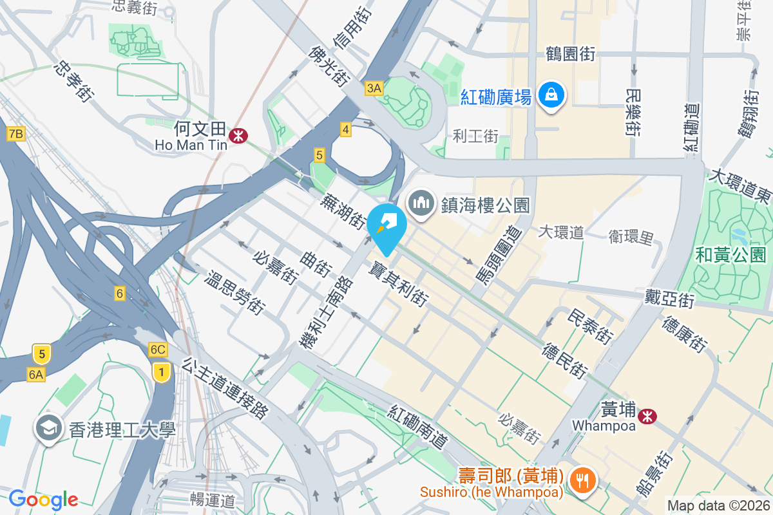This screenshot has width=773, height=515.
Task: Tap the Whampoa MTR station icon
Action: click(x=647, y=417)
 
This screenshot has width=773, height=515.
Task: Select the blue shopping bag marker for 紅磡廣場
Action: click(x=552, y=95)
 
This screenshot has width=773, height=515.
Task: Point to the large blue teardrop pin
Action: click(x=386, y=229)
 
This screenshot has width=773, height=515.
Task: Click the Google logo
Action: click(x=43, y=499)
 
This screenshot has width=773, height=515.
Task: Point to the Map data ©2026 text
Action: click(x=718, y=506)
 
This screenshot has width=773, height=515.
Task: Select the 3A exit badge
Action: click(x=374, y=88)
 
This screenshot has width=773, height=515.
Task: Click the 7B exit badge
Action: click(x=16, y=134)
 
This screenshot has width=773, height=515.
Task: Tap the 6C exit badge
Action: click(x=158, y=350)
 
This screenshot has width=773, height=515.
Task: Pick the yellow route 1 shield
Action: click(x=162, y=371)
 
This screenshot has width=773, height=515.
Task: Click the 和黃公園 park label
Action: click(x=730, y=255)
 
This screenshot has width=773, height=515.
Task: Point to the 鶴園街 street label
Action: click(x=569, y=53)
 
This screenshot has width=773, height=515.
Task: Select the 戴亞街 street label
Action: click(x=669, y=298)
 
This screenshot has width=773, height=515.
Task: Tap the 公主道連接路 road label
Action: click(x=225, y=389)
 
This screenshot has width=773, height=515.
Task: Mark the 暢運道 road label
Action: click(x=213, y=500)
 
